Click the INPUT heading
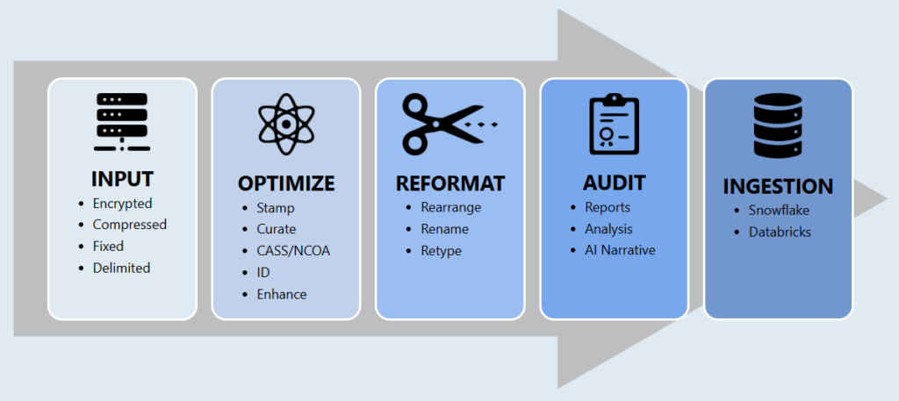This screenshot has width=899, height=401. tap(122, 179)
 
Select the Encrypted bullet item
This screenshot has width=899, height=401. tap(122, 204)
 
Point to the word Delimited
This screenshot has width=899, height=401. tap(121, 268)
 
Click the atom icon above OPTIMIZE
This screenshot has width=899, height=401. tap(286, 124)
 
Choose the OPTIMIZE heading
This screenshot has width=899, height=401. tap(286, 183)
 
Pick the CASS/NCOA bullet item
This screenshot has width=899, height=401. tap(293, 251)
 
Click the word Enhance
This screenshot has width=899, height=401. tap(281, 294)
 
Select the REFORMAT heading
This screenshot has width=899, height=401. tap(450, 183)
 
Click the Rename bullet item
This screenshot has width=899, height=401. tap(444, 229)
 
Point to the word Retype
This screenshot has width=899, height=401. tap(441, 251)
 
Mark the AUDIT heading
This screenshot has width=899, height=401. tap(614, 183)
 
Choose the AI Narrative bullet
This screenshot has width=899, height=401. tap(620, 250)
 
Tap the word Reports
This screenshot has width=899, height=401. tap(608, 208)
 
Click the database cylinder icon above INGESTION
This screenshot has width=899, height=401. tap(778, 128)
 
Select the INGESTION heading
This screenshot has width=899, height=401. tap(778, 187)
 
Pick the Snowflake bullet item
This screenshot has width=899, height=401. tap(779, 211)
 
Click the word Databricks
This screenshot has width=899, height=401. tap(780, 233)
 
